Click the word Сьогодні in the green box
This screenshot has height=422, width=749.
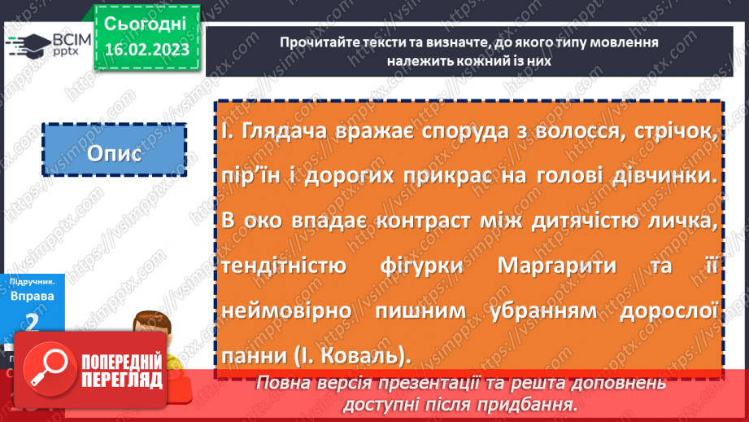[146, 22]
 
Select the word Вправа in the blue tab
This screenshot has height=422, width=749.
[33, 296]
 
